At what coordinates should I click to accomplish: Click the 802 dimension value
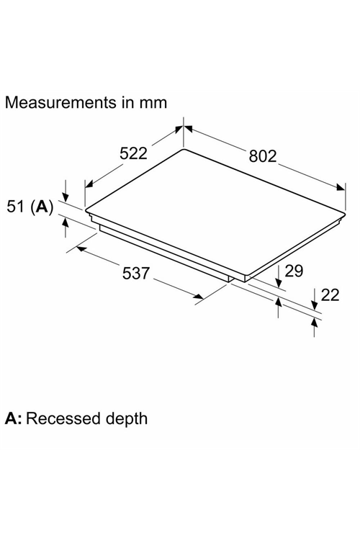[263, 156]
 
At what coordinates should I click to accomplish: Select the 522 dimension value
[133, 153]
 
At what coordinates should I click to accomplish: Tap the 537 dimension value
[136, 273]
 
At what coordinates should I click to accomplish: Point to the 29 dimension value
[294, 271]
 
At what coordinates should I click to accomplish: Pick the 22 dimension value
[330, 295]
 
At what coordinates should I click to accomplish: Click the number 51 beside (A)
[16, 207]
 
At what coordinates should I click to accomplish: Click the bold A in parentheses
[42, 207]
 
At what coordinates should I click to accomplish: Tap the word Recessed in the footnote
[64, 418]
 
